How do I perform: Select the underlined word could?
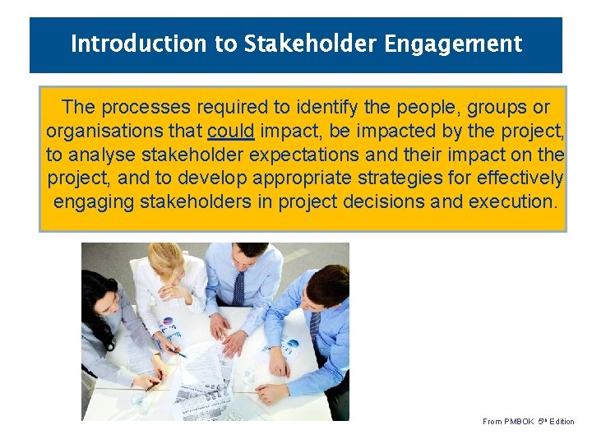point(231,131)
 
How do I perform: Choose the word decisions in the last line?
point(384,201)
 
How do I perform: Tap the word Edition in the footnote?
point(562,422)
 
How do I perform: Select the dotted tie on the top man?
point(238,288)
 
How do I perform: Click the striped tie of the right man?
point(315,325)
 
